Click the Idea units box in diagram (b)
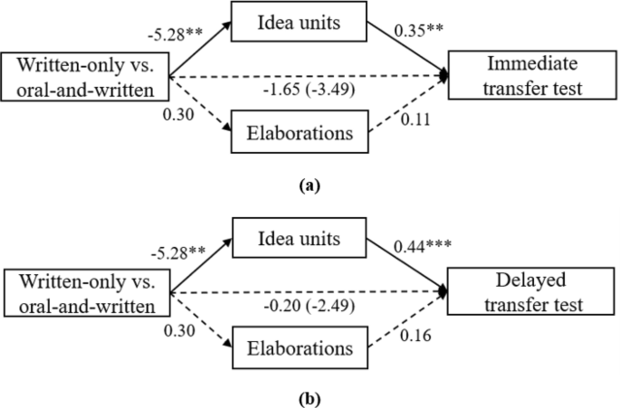(296, 239)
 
